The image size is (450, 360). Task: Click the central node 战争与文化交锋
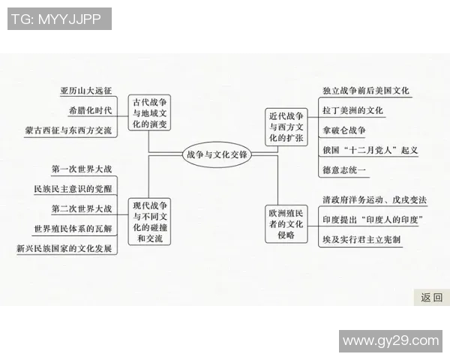tap(217, 154)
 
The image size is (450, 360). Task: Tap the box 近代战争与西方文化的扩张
tap(286, 126)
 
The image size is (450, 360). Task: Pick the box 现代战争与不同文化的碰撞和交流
tap(151, 221)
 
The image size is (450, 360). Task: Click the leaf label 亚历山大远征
tap(86, 91)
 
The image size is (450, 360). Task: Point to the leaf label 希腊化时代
tap(90, 110)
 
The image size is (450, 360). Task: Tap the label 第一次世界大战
tap(82, 168)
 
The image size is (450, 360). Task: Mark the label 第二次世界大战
tap(82, 208)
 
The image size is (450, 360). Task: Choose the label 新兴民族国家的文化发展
tap(67, 247)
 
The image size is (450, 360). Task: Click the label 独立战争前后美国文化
tap(366, 91)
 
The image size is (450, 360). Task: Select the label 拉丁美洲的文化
tap(353, 110)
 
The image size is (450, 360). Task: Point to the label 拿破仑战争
tap(344, 130)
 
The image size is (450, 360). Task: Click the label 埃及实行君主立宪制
tap(361, 239)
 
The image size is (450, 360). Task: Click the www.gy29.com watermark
tap(391, 340)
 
